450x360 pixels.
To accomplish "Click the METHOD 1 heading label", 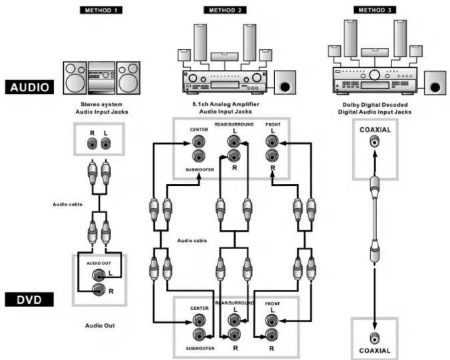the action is coord(101,11).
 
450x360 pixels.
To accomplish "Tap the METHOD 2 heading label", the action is coord(225,11).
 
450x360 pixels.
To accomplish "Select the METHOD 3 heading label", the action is coord(375,10).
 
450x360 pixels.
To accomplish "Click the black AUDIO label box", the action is coord(29,87).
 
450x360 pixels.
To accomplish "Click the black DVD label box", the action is coord(29,300).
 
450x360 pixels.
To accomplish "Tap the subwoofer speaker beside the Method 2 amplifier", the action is coord(285,83).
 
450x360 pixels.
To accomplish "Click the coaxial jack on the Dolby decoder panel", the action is coord(375,142).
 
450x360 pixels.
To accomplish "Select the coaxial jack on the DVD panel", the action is coord(375,339).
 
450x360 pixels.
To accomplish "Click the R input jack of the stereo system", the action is coord(92,143).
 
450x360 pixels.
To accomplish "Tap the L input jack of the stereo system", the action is coord(105,143).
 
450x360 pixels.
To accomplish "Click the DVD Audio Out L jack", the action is coord(98,276).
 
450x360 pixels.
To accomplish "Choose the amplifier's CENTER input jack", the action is coord(198,141).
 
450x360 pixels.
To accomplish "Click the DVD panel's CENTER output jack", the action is coord(199,319).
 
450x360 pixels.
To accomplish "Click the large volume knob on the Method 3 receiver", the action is coord(375,75).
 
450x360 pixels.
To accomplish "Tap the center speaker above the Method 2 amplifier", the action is coord(224,57).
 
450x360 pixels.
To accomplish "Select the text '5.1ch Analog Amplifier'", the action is coord(226,104).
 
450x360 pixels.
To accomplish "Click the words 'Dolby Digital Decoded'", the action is coord(375,105).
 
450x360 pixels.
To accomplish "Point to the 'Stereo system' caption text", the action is coord(101,104).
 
